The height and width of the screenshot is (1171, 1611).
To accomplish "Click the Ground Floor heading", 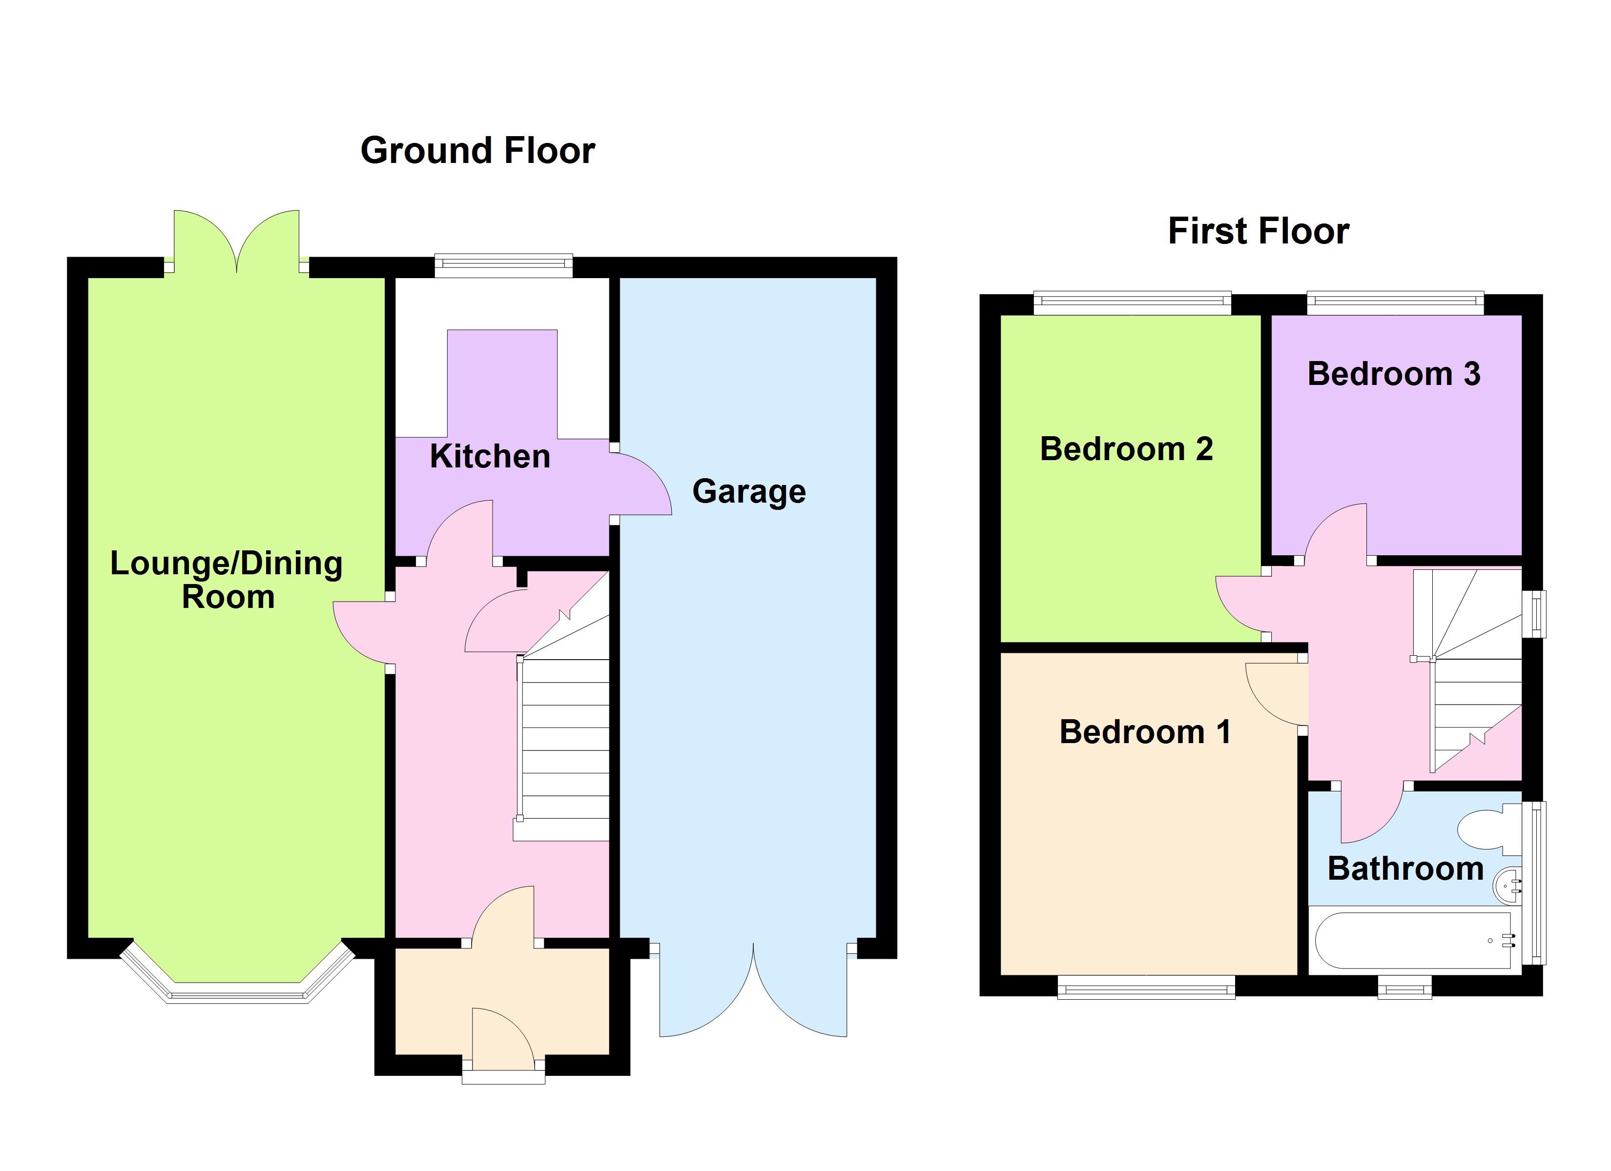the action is pyautogui.click(x=477, y=151).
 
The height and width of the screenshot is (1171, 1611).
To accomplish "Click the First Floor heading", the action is pyautogui.click(x=1259, y=231).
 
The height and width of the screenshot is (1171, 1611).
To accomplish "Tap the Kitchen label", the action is pyautogui.click(x=490, y=457).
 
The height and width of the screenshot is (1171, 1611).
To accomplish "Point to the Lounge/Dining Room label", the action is pyautogui.click(x=227, y=580).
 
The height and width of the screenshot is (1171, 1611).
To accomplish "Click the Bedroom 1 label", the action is pyautogui.click(x=1145, y=732).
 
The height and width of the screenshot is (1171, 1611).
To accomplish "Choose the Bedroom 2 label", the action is pyautogui.click(x=1127, y=449).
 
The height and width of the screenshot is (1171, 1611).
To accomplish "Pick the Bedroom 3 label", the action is pyautogui.click(x=1394, y=374).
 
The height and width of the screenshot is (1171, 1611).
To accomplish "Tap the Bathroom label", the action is pyautogui.click(x=1405, y=868).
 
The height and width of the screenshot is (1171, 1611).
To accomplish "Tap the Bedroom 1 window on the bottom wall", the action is pyautogui.click(x=1146, y=987).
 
